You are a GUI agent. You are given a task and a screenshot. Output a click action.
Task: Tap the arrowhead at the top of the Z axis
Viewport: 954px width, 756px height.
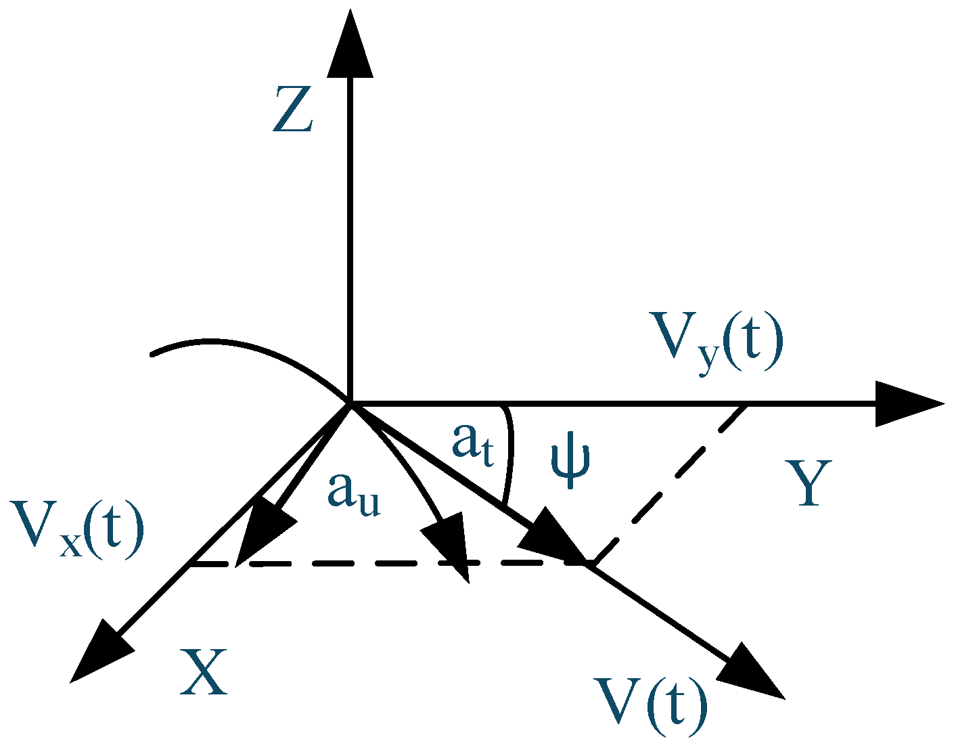(350, 44)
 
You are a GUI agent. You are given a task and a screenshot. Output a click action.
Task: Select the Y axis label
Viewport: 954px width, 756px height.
(809, 483)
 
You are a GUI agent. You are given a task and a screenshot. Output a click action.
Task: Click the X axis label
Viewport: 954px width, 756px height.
(203, 673)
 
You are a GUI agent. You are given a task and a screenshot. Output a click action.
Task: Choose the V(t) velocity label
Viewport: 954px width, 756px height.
(650, 708)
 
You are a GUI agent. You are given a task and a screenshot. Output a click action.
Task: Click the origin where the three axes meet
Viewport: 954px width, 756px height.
(350, 404)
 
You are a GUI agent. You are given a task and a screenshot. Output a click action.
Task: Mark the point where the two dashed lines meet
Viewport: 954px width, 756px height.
(590, 563)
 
